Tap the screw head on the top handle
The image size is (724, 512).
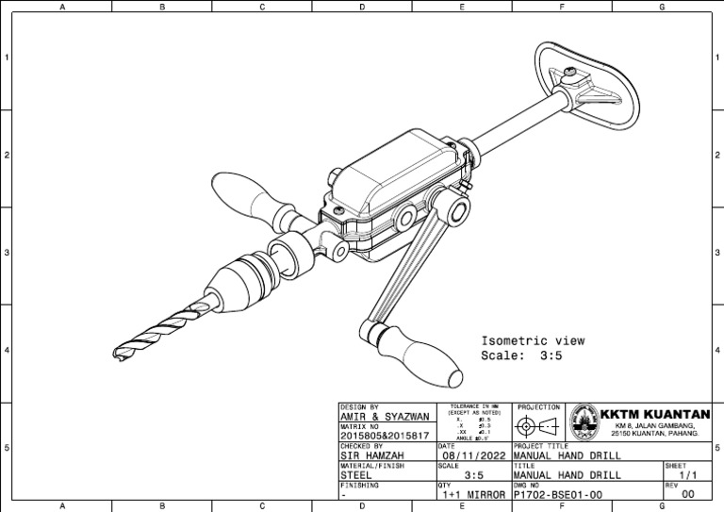point(572,72)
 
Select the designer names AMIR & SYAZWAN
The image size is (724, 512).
point(383,417)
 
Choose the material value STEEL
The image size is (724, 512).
point(358,475)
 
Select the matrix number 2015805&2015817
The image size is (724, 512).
point(385,437)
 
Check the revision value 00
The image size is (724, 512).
point(688,494)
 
